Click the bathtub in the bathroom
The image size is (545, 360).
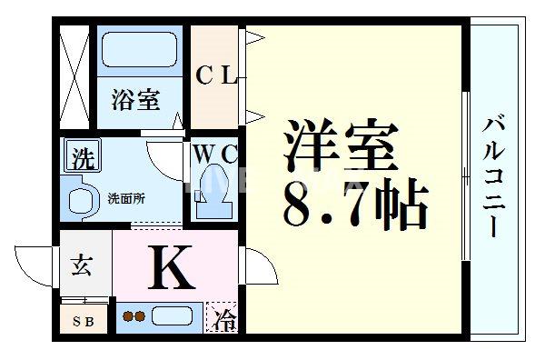[142, 49]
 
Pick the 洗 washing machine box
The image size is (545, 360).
[82, 160]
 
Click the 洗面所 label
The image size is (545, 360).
[126, 197]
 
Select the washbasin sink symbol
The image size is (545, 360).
[79, 201]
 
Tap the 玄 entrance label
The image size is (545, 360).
[82, 266]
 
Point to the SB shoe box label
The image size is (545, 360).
[83, 319]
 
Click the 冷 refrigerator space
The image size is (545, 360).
[223, 319]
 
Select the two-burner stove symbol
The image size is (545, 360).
[134, 317]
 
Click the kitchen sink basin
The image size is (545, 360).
[173, 317]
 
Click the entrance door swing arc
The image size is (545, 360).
[36, 264]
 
